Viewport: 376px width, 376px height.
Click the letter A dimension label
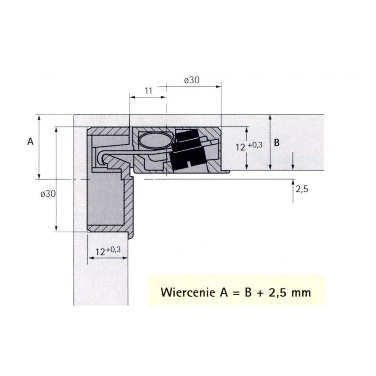pos(31,141)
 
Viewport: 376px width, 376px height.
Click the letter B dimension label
pos(276,143)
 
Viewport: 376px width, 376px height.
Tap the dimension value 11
pos(149,91)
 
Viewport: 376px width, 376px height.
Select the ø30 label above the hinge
pos(192,80)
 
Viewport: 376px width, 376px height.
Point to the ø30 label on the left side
pos(48,194)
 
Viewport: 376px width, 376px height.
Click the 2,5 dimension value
pos(302,189)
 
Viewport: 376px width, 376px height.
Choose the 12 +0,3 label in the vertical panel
pos(108,251)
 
